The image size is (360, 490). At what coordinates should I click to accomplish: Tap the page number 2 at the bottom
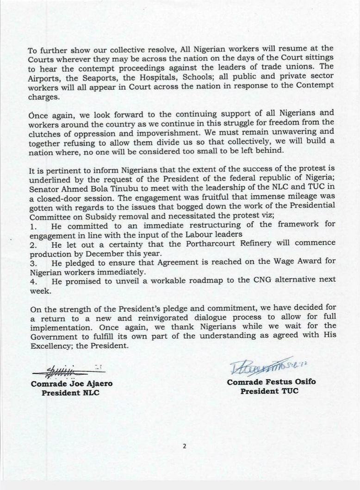click(x=184, y=446)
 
